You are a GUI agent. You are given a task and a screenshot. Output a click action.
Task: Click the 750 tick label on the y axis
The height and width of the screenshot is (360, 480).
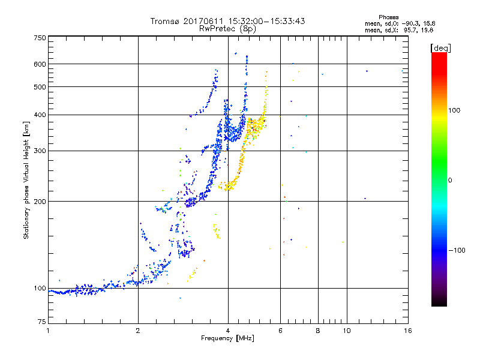[x=40, y=38]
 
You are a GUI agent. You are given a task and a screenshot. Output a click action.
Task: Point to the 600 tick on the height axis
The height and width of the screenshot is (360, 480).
[x=40, y=64]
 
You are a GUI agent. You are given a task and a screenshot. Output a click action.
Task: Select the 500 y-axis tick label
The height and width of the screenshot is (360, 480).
[x=40, y=87]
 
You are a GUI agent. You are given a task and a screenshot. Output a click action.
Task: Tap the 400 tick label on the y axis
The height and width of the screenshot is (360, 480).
[x=40, y=115]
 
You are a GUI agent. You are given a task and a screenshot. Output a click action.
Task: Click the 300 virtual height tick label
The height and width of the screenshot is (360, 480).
[x=40, y=151]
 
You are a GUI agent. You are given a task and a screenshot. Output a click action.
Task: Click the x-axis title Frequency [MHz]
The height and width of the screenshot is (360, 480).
[x=227, y=339]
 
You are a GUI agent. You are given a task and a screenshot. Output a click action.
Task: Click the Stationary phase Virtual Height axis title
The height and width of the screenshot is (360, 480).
[x=26, y=181]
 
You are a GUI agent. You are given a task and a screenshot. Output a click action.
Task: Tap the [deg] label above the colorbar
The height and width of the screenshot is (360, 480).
[x=440, y=47]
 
